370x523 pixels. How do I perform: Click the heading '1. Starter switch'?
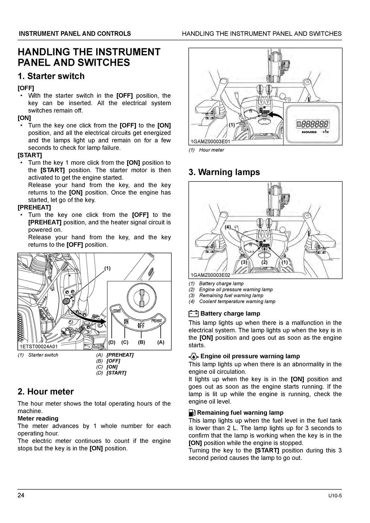click(x=51, y=76)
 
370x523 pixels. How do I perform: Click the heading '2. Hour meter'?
click(x=46, y=392)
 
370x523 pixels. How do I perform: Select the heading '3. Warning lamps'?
click(x=224, y=172)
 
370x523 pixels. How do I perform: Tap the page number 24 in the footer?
click(x=21, y=496)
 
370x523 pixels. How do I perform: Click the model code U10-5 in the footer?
click(x=335, y=496)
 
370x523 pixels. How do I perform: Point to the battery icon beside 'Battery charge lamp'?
click(x=193, y=314)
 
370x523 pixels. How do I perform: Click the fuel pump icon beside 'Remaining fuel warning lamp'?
click(x=192, y=413)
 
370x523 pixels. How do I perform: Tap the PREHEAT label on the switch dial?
click(x=157, y=321)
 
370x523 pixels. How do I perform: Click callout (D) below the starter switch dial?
click(x=112, y=342)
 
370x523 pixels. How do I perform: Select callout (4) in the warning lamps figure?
click(x=228, y=227)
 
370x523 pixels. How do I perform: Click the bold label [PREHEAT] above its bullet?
click(x=34, y=208)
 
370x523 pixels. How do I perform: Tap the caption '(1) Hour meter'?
click(x=206, y=150)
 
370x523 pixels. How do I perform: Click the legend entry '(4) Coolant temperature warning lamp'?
click(x=232, y=301)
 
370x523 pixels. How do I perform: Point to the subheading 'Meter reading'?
click(x=38, y=418)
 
